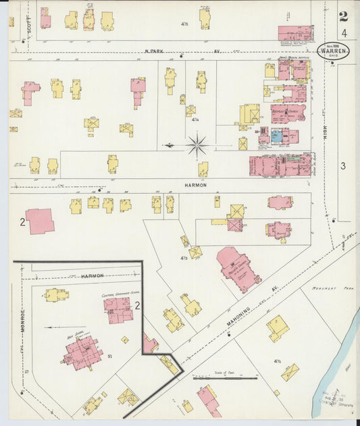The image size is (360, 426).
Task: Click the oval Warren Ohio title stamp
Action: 332,53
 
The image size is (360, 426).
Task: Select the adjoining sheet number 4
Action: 344,33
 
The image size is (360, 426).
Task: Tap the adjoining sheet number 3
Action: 343,165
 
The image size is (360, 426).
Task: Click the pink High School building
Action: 82,351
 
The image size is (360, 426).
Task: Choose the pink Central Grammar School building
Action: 118,309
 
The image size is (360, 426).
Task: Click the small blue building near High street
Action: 277,136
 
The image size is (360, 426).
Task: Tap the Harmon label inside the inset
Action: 90,275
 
